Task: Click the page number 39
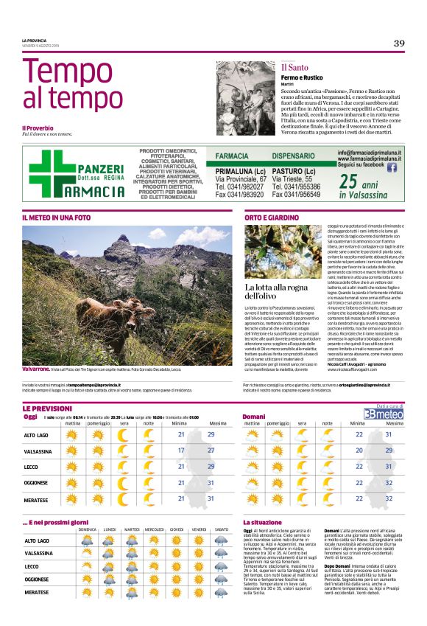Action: (398, 44)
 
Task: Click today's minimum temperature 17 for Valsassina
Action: (181, 450)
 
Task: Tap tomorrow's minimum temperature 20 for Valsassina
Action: (359, 450)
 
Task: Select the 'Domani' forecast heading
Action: (254, 417)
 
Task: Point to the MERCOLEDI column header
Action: (155, 529)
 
